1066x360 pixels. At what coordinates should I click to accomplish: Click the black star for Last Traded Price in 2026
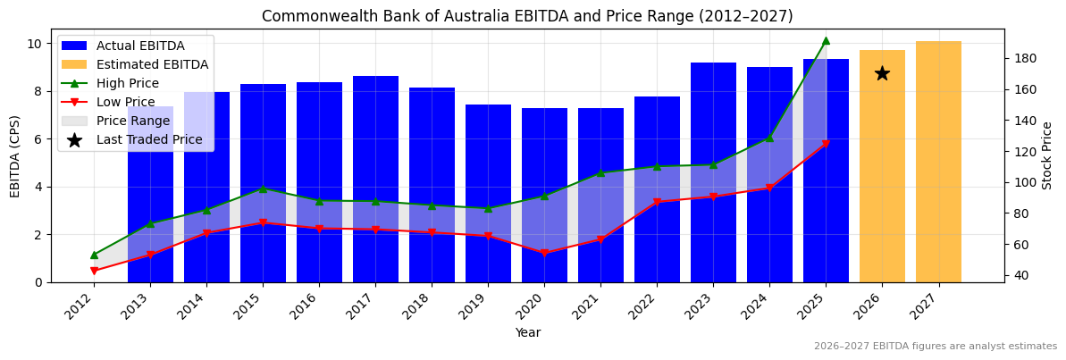pos(882,73)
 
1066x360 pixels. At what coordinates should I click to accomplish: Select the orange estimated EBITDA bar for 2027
pos(938,162)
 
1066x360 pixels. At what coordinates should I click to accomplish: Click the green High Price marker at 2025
pos(826,40)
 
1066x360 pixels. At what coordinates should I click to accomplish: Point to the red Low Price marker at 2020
pos(544,253)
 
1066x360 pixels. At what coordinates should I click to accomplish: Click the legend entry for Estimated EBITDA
pos(152,64)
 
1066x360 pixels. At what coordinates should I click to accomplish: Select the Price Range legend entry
pos(132,121)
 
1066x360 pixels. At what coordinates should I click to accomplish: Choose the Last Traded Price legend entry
pos(149,139)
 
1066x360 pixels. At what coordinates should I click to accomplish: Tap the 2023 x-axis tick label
pos(708,305)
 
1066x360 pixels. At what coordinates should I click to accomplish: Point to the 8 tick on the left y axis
pos(36,91)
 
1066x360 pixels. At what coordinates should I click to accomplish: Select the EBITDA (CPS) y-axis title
pos(15,155)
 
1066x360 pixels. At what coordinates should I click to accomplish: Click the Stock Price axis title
pos(1047,155)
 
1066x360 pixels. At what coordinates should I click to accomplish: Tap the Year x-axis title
pos(527,333)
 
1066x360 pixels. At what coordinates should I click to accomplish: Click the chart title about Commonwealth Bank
pos(527,16)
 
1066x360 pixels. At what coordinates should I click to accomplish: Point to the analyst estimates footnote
pos(935,347)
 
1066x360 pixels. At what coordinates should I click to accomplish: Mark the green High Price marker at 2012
pos(94,255)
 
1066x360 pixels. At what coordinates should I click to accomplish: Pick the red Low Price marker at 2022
pos(657,202)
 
